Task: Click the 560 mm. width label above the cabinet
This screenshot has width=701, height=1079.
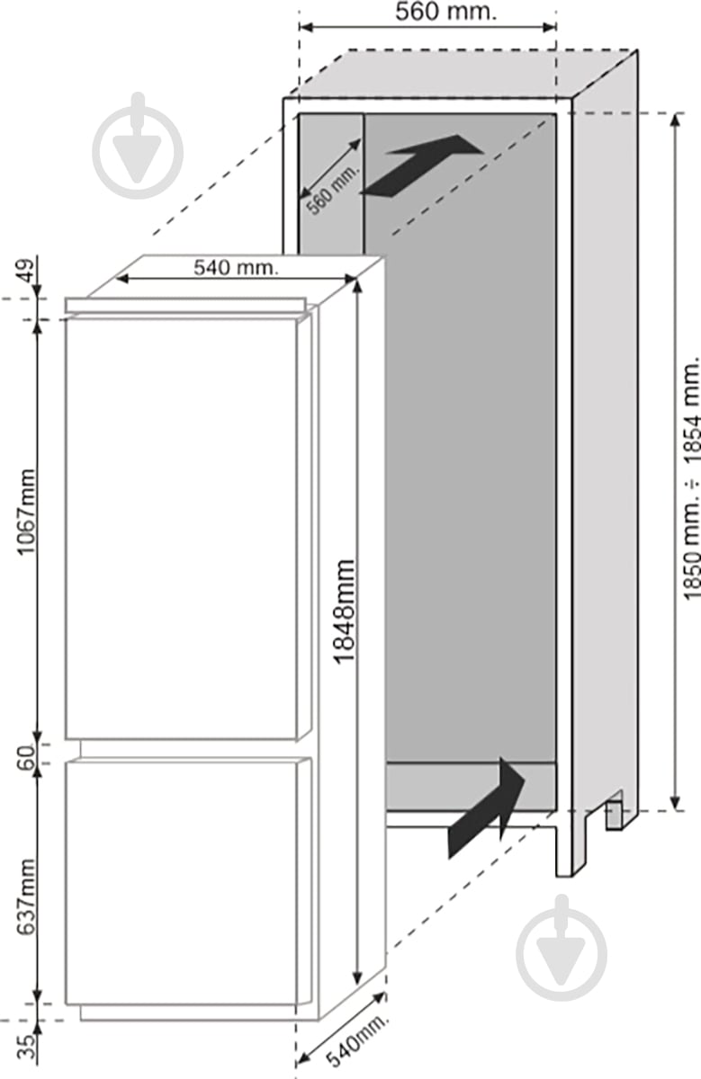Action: coord(445,13)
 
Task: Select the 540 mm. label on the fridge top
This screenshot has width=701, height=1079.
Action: coord(237,267)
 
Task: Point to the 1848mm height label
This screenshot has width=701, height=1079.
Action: coord(345,612)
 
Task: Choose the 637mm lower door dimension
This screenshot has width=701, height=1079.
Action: coord(25,897)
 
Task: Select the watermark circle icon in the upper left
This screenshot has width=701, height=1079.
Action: coord(138,151)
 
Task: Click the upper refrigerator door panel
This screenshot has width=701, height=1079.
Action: coord(181,528)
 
